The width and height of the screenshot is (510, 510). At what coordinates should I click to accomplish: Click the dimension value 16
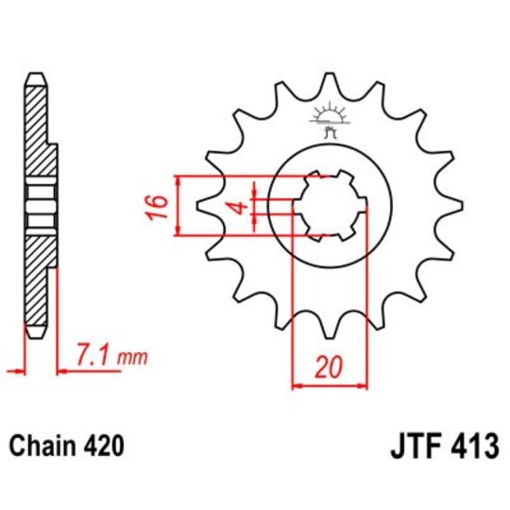pyautogui.click(x=160, y=203)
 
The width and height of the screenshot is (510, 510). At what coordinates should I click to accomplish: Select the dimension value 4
pyautogui.click(x=241, y=206)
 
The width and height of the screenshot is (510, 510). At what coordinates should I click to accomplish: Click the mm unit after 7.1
pyautogui.click(x=135, y=358)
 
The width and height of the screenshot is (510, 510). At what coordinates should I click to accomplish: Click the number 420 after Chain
pyautogui.click(x=101, y=444)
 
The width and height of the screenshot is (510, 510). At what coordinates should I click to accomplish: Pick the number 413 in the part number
pyautogui.click(x=473, y=444)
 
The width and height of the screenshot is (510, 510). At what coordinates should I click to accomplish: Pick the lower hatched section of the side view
pyautogui.click(x=36, y=279)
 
